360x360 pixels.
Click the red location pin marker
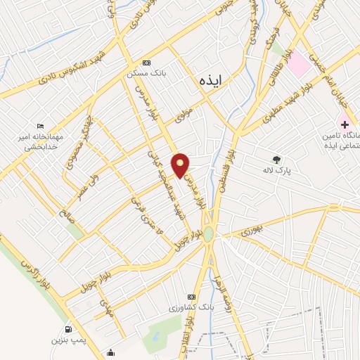tap(181, 165)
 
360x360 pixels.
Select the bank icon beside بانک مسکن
tap(146, 63)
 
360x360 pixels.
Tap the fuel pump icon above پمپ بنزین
tap(67, 329)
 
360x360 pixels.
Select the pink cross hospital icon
tap(345, 124)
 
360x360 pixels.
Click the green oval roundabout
tap(208, 235)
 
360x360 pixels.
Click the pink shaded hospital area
tap(300, 65)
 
